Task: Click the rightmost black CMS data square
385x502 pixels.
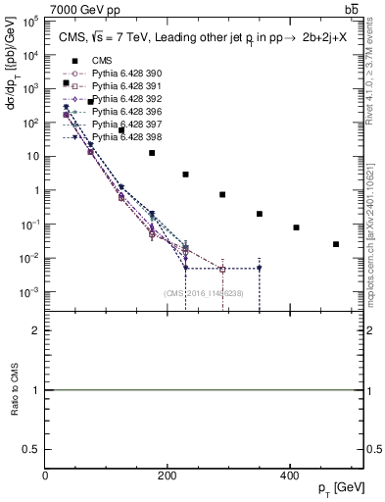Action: tap(336, 244)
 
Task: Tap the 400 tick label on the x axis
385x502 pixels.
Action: tap(289, 476)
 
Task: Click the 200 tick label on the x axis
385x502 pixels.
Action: tap(168, 476)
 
